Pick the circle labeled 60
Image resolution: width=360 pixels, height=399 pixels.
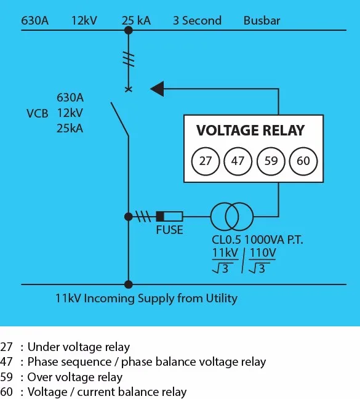tap(303, 162)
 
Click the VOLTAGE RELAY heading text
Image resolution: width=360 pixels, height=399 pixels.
tap(250, 131)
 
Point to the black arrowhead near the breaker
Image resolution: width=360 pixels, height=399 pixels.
tap(158, 89)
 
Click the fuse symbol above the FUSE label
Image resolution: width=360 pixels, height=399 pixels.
tap(169, 216)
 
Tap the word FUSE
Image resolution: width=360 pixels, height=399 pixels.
tap(169, 230)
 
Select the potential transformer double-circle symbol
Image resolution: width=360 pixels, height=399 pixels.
tap(231, 216)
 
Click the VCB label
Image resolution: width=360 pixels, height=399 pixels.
tap(37, 113)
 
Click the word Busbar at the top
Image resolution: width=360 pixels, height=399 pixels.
tap(262, 20)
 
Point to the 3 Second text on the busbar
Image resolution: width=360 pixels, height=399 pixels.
tap(196, 20)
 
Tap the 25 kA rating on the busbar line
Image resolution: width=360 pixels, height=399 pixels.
tap(136, 20)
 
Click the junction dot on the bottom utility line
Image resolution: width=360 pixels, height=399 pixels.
tap(128, 284)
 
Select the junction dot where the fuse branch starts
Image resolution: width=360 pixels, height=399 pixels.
tap(128, 216)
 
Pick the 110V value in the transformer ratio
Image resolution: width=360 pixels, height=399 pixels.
tap(263, 252)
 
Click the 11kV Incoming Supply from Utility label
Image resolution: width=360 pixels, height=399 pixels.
tap(146, 299)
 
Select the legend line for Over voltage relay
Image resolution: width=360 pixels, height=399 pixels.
tap(62, 377)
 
